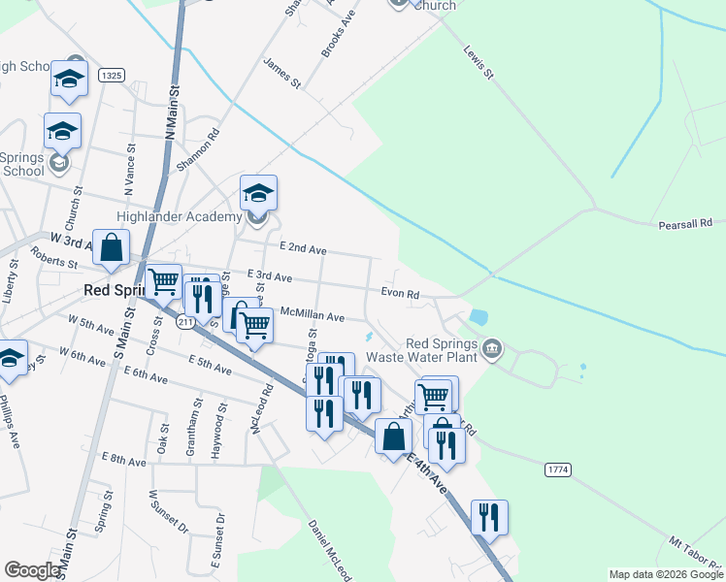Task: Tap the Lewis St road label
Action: point(479,61)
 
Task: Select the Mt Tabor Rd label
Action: point(697,554)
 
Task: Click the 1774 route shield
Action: point(558,469)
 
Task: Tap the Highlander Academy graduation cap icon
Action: point(259,193)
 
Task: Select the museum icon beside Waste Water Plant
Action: point(492,347)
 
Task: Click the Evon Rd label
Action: point(400,294)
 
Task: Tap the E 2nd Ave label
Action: point(303,248)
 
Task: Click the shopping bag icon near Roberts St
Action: point(112,247)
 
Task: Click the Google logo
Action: point(32,570)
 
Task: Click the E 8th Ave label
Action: point(125,459)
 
